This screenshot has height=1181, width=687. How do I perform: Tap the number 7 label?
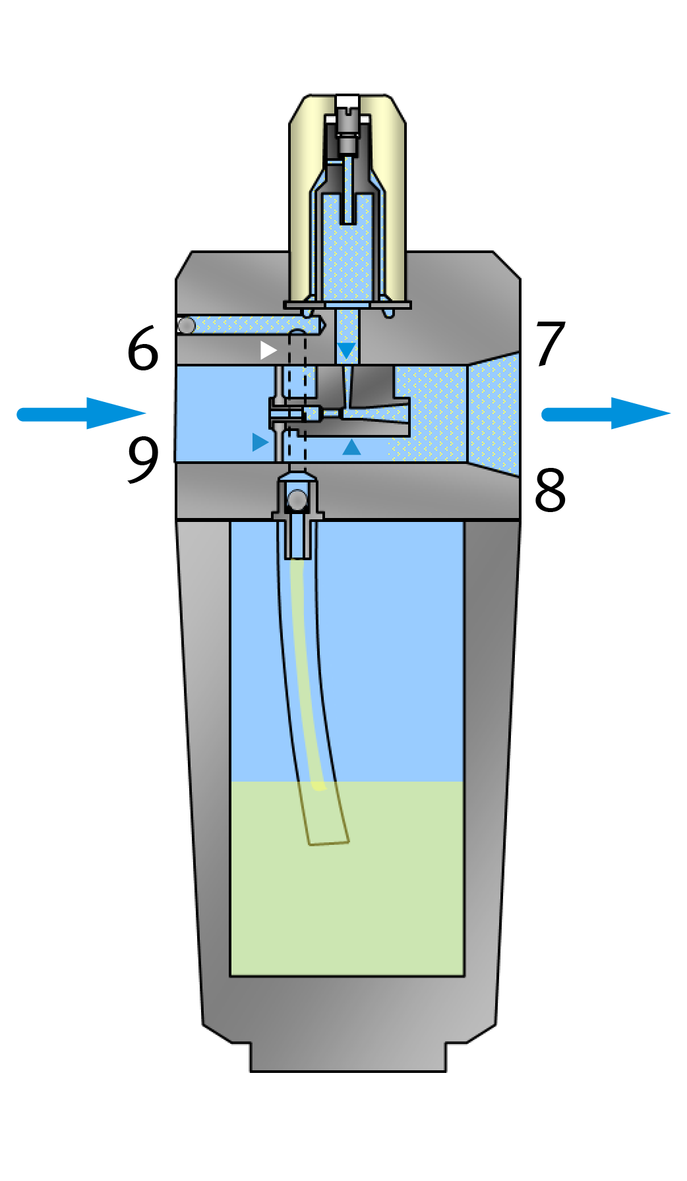coord(551,343)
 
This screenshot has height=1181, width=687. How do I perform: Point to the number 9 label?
coord(143,459)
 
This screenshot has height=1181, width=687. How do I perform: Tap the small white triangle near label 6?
coord(268,350)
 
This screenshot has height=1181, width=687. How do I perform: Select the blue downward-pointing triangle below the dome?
coord(346,350)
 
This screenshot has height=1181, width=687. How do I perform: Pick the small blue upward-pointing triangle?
coord(351,447)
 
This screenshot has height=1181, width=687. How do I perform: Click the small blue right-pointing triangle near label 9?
coord(260,442)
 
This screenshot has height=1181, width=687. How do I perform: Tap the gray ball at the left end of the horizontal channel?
coord(187,325)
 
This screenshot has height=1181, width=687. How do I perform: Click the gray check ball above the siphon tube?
coord(297,500)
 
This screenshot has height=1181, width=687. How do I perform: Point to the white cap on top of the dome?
coord(347,101)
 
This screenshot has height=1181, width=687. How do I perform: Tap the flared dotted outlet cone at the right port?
coord(493,413)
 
